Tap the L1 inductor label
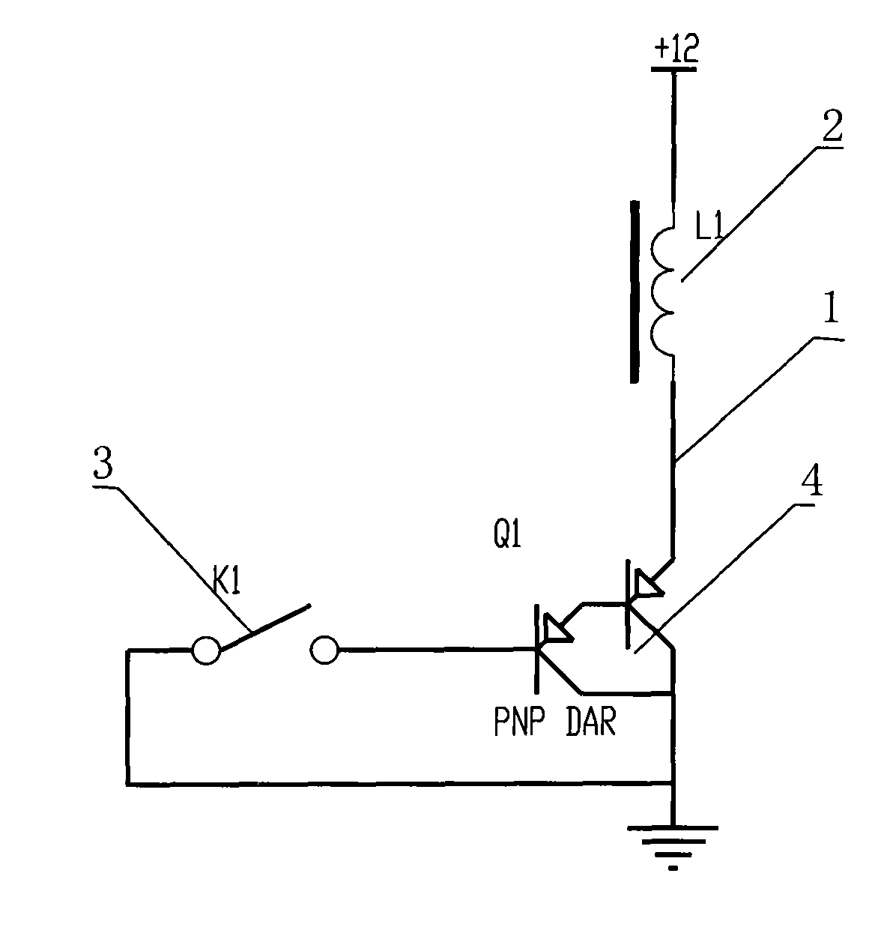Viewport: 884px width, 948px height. pyautogui.click(x=709, y=227)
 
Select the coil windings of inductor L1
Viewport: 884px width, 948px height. pyautogui.click(x=662, y=292)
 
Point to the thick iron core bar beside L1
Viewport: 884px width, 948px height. pyautogui.click(x=635, y=292)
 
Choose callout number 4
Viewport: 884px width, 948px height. pyautogui.click(x=812, y=480)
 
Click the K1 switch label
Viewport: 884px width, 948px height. pyautogui.click(x=226, y=582)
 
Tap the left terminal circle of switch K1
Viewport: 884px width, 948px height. pyautogui.click(x=206, y=650)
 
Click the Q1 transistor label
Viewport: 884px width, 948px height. pyautogui.click(x=507, y=534)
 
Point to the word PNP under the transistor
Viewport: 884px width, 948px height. pyautogui.click(x=519, y=722)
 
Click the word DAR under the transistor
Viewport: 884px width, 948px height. pyautogui.click(x=590, y=722)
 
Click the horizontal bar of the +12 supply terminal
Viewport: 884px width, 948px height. pyautogui.click(x=673, y=69)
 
